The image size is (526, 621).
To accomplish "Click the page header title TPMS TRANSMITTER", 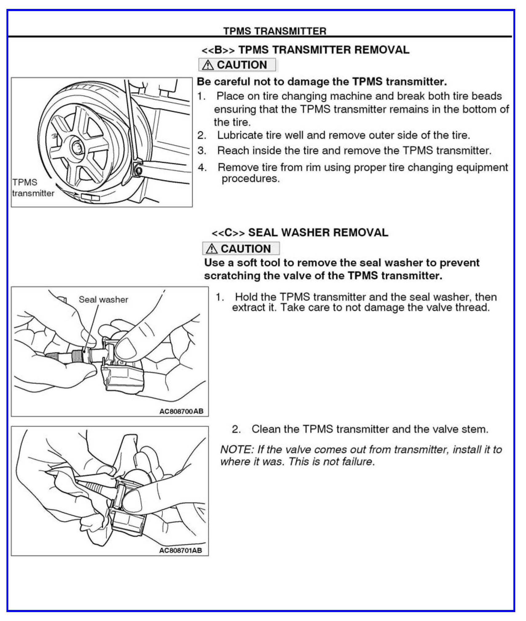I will tap(274, 31).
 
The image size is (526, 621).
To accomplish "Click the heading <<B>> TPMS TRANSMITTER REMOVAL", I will tap(305, 50).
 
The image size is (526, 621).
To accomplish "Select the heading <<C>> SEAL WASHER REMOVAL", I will tap(300, 233).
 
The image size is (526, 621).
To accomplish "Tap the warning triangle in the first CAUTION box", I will tap(208, 65).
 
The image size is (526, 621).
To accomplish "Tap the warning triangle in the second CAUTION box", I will tap(212, 249).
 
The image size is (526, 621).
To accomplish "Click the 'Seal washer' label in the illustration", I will tap(103, 300).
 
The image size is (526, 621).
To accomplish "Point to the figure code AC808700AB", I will tap(181, 411).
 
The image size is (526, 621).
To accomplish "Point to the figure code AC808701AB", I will tap(181, 550).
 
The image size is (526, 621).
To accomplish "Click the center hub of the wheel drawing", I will tap(78, 147).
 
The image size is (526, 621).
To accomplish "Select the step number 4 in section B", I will tap(202, 168).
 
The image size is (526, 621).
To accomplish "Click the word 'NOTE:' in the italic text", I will tap(237, 450).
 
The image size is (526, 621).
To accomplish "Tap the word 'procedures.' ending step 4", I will tap(250, 179).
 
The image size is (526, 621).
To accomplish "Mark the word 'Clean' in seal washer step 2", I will tap(265, 429).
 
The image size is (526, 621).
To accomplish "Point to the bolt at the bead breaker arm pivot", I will tap(138, 170).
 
